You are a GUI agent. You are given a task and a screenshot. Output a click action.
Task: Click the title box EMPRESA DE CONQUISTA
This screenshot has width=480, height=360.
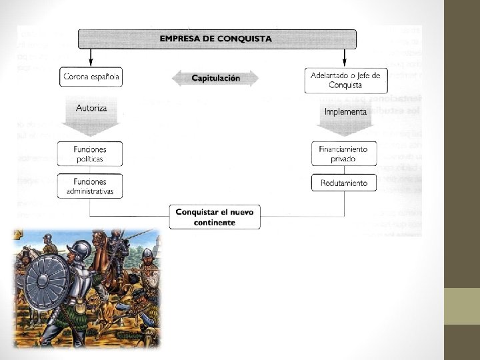coord(215,39)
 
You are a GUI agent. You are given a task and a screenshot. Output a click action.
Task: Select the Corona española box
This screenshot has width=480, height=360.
coord(91,77)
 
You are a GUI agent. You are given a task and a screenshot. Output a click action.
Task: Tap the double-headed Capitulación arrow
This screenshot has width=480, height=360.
coord(215,78)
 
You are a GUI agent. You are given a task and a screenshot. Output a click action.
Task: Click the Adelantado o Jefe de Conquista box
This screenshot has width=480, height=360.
coord(345,81)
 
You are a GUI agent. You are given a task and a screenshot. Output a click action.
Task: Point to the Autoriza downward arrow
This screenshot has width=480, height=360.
coord(91,115)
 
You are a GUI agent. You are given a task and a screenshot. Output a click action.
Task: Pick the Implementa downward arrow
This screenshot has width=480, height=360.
coord(345,116)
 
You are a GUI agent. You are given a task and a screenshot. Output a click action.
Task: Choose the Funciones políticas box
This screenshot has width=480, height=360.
coord(91,154)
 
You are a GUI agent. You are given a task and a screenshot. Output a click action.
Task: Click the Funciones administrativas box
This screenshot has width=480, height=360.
coord(91,186)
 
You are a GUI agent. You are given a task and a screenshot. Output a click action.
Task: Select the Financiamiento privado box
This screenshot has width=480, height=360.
coord(345,154)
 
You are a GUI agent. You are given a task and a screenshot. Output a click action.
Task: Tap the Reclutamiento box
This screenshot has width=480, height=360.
coord(345,183)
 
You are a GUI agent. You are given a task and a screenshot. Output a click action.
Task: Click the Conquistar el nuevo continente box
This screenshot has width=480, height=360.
coord(215,217)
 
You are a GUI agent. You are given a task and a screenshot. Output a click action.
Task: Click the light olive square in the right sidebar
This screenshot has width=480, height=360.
coord(461,306)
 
